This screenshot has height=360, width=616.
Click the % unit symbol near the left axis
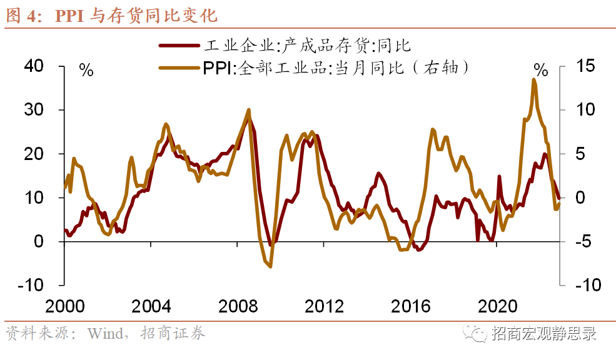pos(86,70)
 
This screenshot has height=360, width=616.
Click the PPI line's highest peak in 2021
pos(533,79)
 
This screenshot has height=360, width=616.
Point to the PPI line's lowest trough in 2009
pos(270,267)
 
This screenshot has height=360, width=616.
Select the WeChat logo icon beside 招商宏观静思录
pos(478,333)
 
